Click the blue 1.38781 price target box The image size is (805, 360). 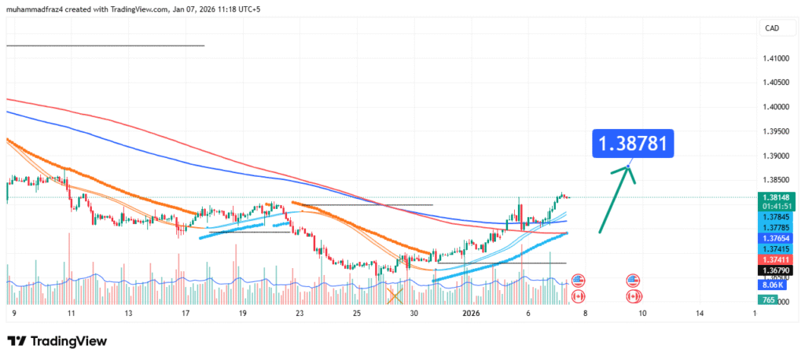pos(633,144)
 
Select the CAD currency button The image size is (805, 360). pos(772,28)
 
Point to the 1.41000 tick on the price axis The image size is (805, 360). pos(776,58)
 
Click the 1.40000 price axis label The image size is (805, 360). pos(776,107)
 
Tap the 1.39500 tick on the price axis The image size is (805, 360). pos(776,131)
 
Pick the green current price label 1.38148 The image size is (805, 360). pos(776,197)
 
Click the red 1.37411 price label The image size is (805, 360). pos(776,259)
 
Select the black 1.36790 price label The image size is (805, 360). pos(776,270)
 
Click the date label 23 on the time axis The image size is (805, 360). pos(300,313)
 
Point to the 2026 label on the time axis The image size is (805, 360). pos(472,313)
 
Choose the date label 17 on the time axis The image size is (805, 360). pos(186,313)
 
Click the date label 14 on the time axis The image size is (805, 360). pos(700,313)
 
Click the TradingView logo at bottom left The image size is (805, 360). pos(57,341)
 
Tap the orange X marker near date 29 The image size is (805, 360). pos(395,296)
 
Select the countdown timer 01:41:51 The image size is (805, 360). pos(776,206)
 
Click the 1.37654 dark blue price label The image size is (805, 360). pos(776,237)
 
